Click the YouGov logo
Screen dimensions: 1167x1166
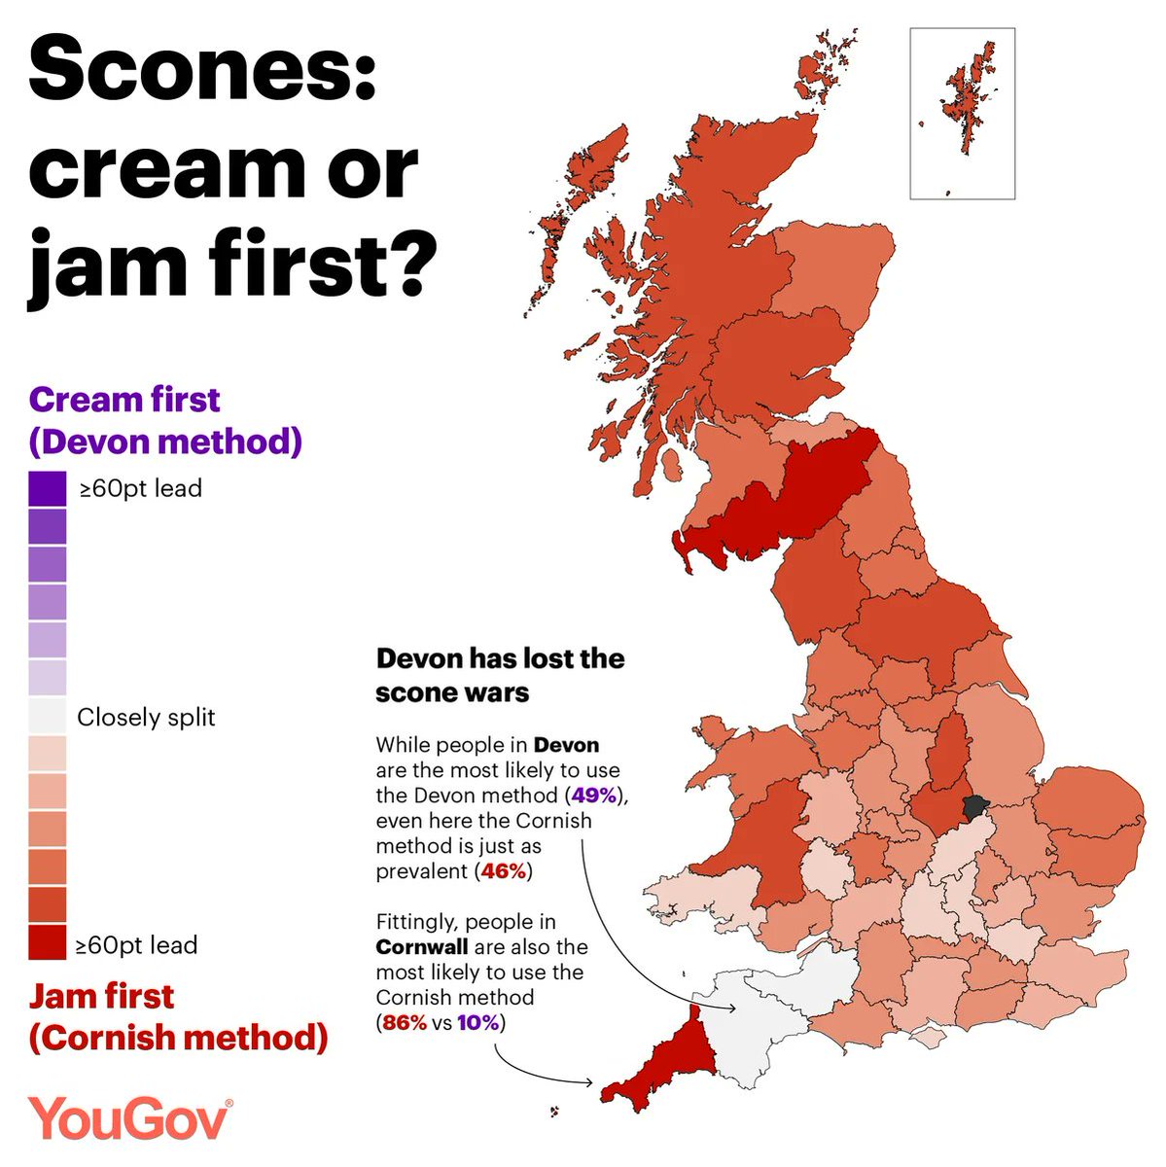pos(130,1119)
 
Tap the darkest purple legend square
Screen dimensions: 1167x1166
pos(48,488)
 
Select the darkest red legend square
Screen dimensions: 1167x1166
pos(48,942)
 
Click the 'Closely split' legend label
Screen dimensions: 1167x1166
pos(146,718)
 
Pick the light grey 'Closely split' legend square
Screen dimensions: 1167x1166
pos(48,716)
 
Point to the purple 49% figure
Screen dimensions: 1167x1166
pos(594,796)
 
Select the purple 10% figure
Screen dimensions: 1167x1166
pos(478,1023)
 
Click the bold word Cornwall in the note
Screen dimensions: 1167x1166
pos(422,947)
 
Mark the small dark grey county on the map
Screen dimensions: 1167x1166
pos(972,805)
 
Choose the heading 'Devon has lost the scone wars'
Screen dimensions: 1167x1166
pos(500,675)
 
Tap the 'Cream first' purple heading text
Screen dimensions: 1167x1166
pos(124,400)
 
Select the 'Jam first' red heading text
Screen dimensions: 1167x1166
pos(101,996)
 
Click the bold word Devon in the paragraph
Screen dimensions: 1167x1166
pos(566,746)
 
